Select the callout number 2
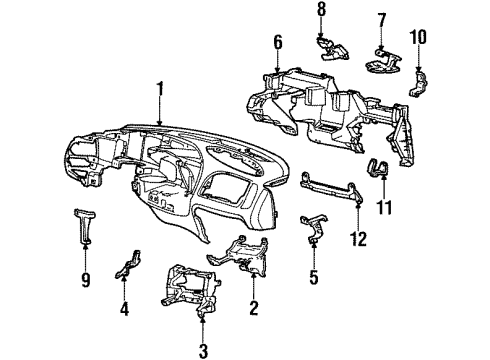tap(255, 309)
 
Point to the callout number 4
tap(125, 309)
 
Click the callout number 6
tap(277, 43)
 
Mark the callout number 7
tap(381, 20)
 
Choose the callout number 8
tap(321, 9)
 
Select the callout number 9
tap(86, 281)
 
